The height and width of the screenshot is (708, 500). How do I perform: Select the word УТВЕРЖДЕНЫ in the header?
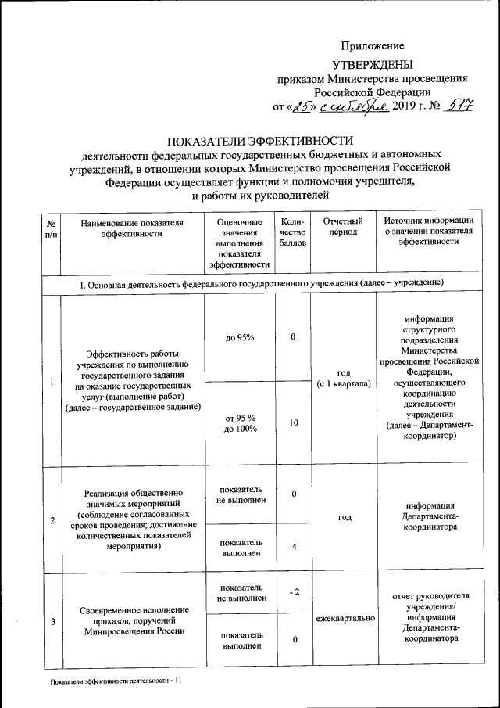(373, 65)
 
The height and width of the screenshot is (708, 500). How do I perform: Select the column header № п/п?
(51, 228)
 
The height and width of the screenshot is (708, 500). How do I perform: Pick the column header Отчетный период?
(342, 228)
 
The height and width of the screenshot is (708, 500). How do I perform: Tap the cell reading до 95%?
(240, 337)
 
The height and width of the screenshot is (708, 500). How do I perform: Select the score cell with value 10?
(293, 422)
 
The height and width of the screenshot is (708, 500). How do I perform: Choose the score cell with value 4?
(293, 546)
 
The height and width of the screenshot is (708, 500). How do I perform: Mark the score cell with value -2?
(293, 592)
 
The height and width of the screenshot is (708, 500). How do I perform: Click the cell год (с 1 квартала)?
(342, 379)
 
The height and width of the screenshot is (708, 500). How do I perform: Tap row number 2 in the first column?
(52, 521)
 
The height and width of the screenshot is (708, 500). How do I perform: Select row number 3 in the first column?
(52, 621)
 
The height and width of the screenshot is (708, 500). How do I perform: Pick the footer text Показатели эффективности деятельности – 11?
(115, 681)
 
